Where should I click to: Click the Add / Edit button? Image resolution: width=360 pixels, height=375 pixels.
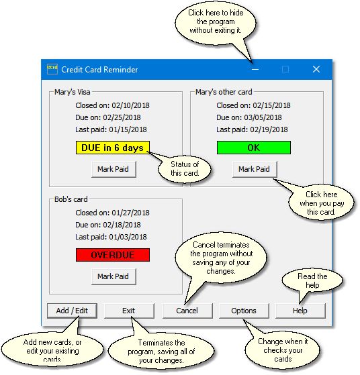[72, 311]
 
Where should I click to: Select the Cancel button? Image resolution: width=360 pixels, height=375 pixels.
[187, 311]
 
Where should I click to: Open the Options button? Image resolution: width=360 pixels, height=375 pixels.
[244, 311]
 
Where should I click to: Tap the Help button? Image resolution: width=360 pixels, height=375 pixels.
[300, 311]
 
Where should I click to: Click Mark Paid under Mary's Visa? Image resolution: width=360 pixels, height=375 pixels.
[114, 169]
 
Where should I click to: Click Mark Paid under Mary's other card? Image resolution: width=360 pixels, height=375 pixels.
[255, 169]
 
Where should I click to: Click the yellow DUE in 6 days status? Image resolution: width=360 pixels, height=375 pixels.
[113, 148]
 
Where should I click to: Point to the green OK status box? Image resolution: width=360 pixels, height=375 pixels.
[254, 148]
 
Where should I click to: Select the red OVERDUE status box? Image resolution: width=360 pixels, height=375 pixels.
[113, 255]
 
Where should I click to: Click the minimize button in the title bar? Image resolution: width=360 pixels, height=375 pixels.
[255, 69]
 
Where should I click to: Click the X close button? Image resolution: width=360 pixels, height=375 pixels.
[316, 69]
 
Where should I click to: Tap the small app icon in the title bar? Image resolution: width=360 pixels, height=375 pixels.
[52, 69]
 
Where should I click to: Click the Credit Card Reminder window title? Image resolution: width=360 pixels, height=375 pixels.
[99, 70]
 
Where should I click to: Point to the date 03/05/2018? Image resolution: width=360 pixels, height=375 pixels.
[263, 117]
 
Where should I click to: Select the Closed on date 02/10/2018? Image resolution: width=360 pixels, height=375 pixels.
[130, 105]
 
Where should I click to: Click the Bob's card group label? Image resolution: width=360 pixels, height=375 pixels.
[71, 199]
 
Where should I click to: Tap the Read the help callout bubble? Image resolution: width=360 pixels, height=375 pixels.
[312, 280]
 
